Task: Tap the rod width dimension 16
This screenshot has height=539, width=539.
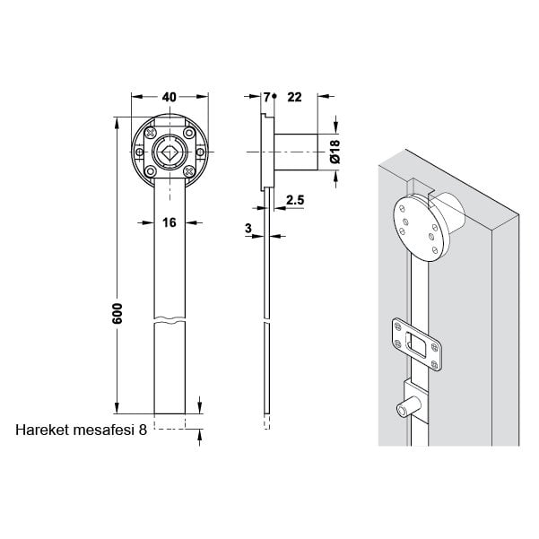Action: click(x=169, y=224)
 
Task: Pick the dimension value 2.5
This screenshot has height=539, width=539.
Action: click(x=294, y=198)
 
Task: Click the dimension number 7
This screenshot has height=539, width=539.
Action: click(x=266, y=97)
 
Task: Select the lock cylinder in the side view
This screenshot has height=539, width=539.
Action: click(x=296, y=152)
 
